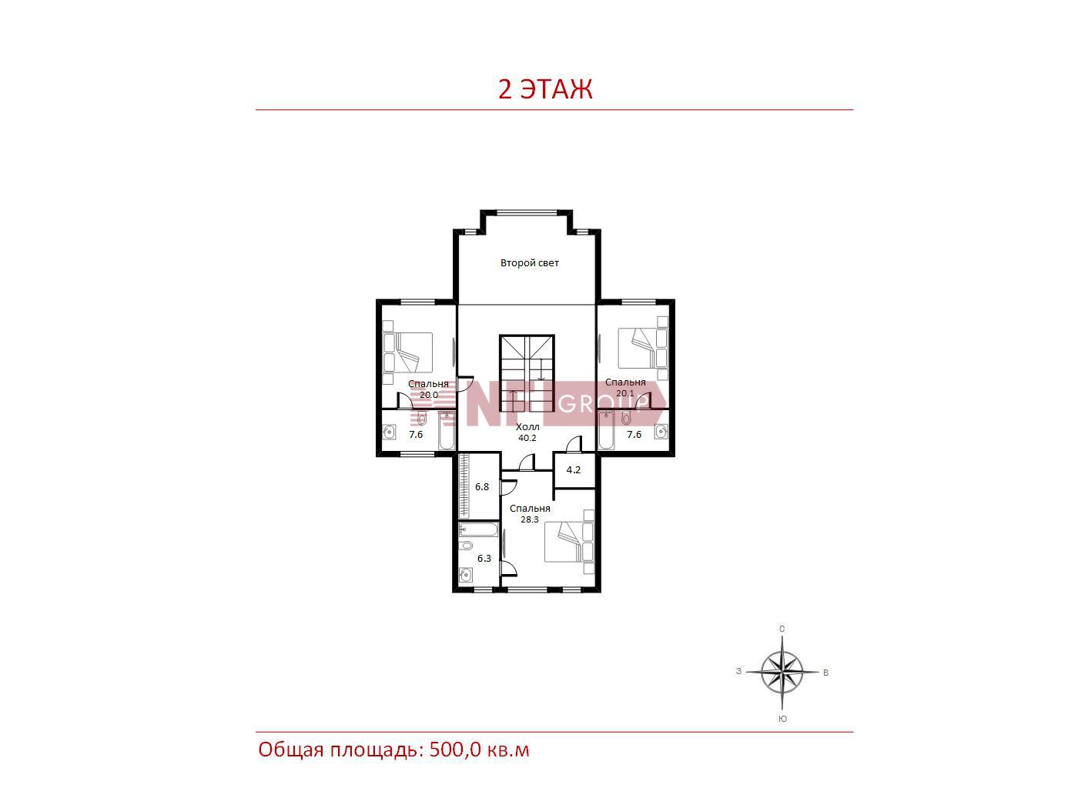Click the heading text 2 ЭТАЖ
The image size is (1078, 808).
[545, 90]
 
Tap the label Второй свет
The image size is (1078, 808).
[530, 263]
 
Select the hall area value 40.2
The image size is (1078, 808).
[527, 438]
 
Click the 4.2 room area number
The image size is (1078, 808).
[573, 470]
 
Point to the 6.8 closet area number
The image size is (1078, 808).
[482, 486]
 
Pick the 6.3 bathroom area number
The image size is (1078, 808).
[484, 559]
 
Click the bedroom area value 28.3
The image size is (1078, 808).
[530, 519]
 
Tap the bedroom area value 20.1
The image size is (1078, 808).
[625, 393]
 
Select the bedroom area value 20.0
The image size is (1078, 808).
[429, 395]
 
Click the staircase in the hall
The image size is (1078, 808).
[527, 374]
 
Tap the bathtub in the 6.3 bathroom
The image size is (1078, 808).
[478, 529]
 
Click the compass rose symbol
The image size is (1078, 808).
[782, 672]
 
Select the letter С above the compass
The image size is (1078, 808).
[782, 629]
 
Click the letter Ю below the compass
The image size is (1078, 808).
[783, 719]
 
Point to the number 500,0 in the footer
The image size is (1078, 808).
[455, 750]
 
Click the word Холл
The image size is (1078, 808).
[527, 427]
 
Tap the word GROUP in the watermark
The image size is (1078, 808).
[600, 404]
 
